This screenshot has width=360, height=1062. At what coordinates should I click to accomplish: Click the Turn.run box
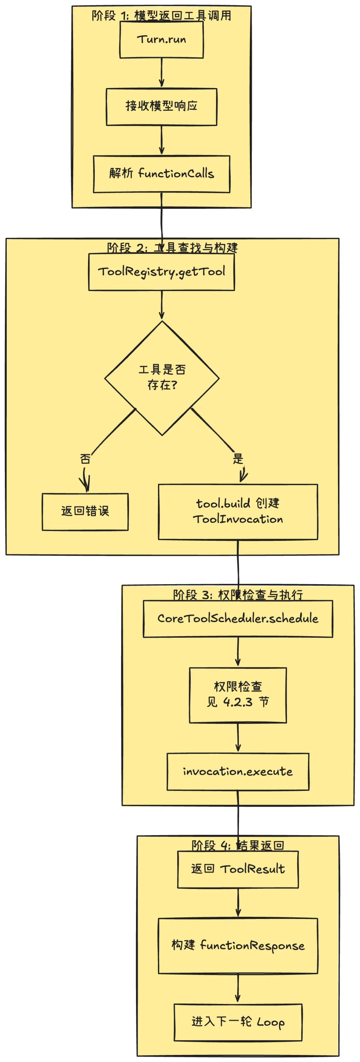[x=161, y=40]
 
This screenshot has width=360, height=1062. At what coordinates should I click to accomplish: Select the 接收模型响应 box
[x=161, y=106]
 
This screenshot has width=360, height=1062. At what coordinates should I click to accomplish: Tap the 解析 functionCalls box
[x=161, y=174]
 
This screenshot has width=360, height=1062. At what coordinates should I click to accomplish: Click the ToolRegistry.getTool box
[x=161, y=272]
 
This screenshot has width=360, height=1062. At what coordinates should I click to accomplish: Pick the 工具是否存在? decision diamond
[x=162, y=378]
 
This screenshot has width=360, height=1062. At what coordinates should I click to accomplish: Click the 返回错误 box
[x=85, y=511]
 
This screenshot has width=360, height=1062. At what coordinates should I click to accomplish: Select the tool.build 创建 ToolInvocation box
[x=238, y=511]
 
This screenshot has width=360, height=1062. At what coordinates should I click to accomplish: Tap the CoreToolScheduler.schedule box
[x=238, y=619]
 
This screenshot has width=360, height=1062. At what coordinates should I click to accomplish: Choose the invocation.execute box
[x=238, y=771]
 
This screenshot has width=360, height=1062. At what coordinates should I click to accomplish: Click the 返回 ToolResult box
[x=238, y=869]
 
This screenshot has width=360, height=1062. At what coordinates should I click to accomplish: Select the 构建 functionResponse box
[x=238, y=945]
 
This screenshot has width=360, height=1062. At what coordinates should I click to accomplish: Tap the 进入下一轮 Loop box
[x=238, y=1022]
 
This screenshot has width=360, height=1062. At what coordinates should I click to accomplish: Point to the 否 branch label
[x=85, y=459]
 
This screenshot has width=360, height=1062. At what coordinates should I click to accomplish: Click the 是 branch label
[x=238, y=458]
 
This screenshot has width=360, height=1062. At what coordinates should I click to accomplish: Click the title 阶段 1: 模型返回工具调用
[x=161, y=16]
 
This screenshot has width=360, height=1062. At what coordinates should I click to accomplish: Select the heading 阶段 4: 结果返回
[x=238, y=846]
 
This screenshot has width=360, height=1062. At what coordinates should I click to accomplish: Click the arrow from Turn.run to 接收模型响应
[x=161, y=73]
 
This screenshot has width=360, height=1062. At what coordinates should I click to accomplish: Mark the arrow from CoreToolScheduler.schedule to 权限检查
[x=238, y=652]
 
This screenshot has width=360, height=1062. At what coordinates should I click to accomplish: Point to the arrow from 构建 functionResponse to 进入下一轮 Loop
[x=238, y=989]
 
